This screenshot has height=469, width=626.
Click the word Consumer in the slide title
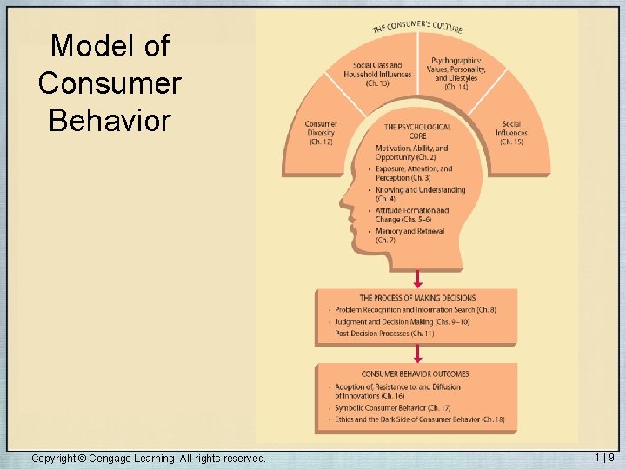(110, 83)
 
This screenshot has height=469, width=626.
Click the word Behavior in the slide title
(110, 120)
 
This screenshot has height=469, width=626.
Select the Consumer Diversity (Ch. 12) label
(321, 133)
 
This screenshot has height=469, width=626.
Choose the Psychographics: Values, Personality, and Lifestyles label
(456, 74)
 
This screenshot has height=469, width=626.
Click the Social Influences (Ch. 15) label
(511, 133)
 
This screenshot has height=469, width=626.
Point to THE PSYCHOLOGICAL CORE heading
(417, 131)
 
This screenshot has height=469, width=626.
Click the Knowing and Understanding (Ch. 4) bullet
(420, 195)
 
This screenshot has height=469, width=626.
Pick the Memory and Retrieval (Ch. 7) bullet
(410, 236)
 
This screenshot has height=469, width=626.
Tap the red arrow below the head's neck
(417, 278)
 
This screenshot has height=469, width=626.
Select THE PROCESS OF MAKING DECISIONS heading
(417, 298)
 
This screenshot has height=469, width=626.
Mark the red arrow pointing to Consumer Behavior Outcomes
(417, 353)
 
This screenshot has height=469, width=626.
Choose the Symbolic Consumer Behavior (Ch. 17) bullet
(392, 408)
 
